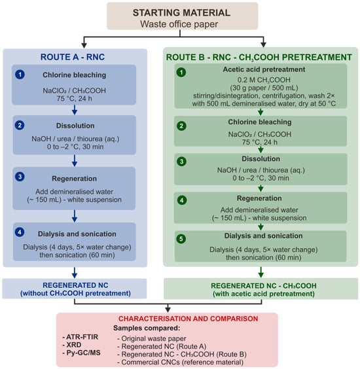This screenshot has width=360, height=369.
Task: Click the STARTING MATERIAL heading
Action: [181, 12]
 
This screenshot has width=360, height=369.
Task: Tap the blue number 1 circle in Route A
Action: [20, 75]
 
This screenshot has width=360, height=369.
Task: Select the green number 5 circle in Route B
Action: [181, 239]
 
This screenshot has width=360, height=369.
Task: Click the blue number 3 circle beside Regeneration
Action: [20, 177]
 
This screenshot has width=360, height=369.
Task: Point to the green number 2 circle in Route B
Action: [181, 126]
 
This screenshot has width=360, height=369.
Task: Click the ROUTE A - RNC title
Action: [73, 57]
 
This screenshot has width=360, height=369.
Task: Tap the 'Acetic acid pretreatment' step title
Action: [264, 69]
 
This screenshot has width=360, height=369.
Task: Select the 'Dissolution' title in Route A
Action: [75, 126]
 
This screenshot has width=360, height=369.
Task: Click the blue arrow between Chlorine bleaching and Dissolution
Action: [75, 110]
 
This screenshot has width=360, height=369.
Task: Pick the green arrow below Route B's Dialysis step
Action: [261, 272]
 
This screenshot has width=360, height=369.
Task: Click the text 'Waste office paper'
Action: [179, 24]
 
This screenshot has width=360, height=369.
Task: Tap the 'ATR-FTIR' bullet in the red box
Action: [81, 337]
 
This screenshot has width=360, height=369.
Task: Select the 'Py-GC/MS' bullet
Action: [81, 353]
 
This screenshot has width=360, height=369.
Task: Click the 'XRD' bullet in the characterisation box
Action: [72, 345]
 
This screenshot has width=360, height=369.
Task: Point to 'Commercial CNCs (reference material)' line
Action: [181, 362]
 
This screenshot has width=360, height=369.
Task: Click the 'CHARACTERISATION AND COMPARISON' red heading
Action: [188, 319]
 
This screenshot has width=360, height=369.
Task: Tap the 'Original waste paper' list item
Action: [152, 338]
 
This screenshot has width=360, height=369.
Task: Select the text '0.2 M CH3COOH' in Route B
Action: [264, 80]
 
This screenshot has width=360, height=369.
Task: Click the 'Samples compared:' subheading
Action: [147, 328]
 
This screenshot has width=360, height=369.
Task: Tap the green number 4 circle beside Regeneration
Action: [182, 200]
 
